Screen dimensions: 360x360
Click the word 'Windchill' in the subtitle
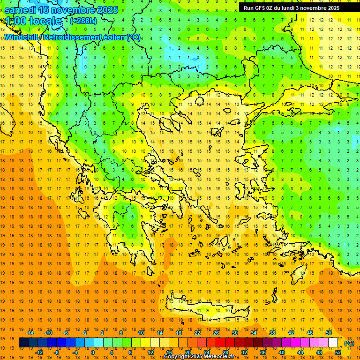tap(22, 37)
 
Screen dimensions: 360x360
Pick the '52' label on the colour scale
tap(338, 352)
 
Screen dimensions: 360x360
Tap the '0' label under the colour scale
tap(92, 352)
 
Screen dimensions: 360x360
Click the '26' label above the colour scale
tap(216, 333)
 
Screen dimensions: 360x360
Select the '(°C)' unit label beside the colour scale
tap(349, 343)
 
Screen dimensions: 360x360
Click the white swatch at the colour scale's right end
tap(333, 343)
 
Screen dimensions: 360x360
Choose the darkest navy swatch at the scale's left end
tap(23, 343)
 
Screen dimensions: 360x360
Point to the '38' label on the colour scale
tap(272, 333)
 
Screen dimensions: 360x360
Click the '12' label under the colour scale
tap(150, 352)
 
